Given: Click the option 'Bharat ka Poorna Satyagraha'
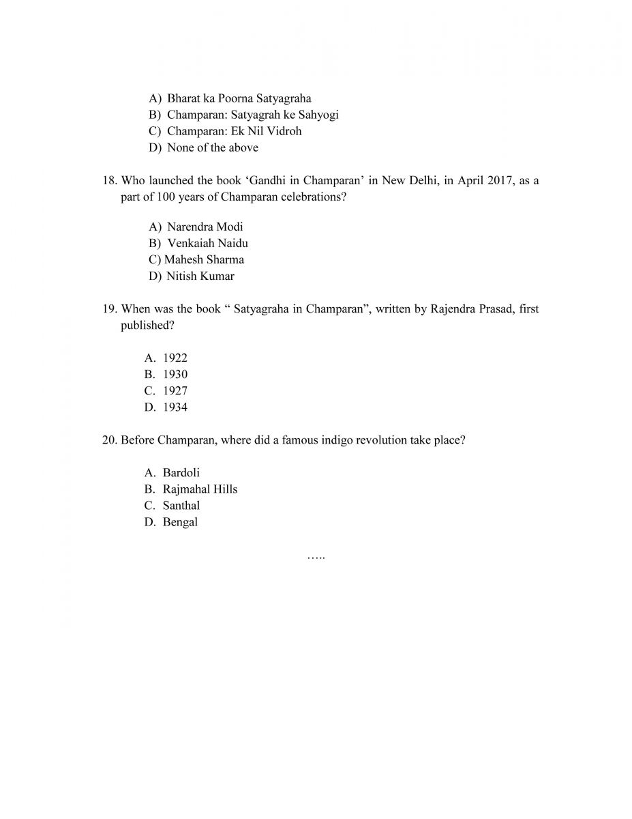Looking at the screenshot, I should click(239, 98).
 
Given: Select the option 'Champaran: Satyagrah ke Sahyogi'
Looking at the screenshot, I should click(252, 115).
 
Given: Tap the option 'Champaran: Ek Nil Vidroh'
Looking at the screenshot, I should click(234, 131).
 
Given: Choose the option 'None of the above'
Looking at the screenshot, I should click(212, 147).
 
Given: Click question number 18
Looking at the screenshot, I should click(110, 181).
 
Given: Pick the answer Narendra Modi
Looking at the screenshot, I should click(205, 227).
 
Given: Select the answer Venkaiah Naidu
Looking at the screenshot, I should click(207, 243).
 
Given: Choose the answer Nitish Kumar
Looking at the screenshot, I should click(200, 276).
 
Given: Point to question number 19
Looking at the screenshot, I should click(110, 309).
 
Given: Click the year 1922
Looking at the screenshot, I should click(175, 358).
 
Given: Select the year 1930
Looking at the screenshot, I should click(175, 374).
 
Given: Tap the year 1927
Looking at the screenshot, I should click(175, 390).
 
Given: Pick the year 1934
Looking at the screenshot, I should click(175, 407).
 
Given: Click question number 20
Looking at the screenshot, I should click(110, 440).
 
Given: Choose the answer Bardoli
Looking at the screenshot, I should click(181, 472).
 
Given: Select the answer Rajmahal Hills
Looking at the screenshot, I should click(200, 489).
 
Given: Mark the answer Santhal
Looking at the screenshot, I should click(181, 505).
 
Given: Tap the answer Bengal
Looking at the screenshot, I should click(180, 521).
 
